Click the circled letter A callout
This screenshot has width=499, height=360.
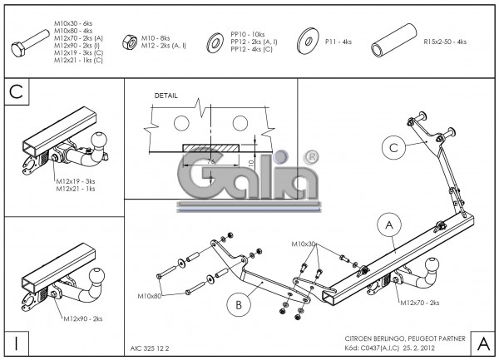pos(386,224)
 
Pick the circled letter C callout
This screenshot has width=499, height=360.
pos(395,148)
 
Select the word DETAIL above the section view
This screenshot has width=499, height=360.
pos(166,96)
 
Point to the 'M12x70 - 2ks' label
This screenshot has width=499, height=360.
pos(422,303)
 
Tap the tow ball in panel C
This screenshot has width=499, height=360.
pos(99,141)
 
